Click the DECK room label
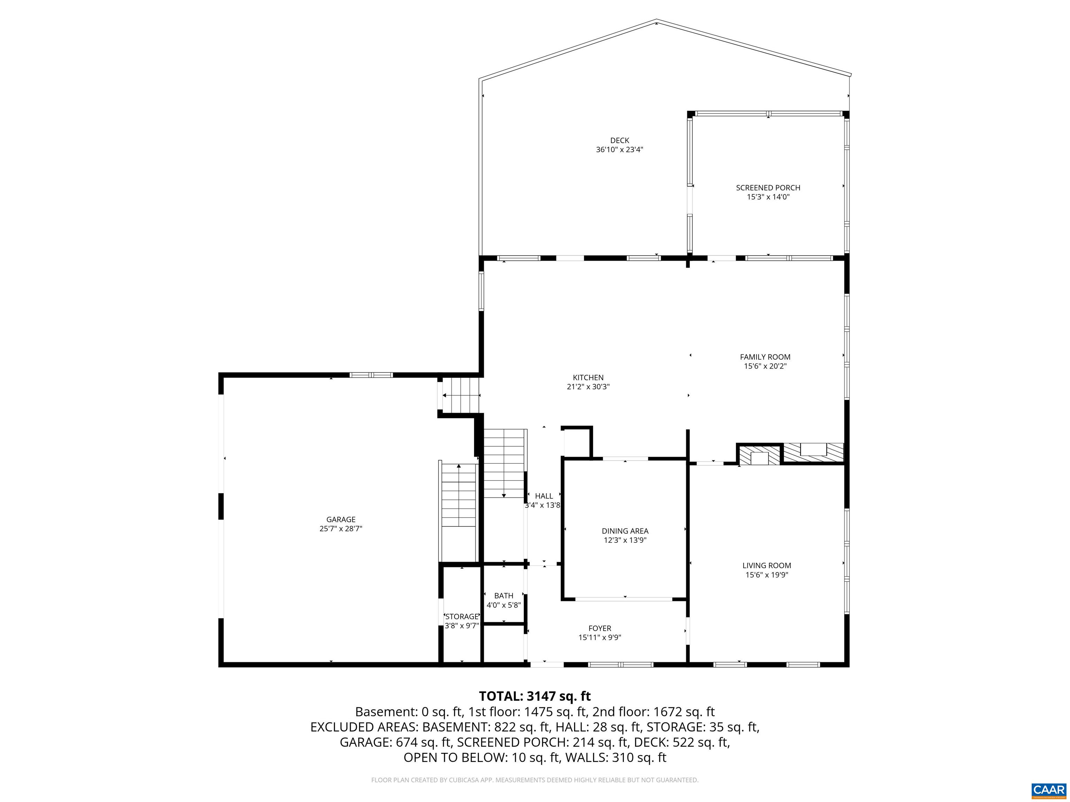click(619, 141)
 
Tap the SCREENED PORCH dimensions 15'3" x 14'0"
click(768, 197)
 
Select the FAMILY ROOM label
click(765, 357)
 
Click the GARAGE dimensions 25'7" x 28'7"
click(341, 529)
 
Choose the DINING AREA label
click(625, 531)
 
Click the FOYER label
click(599, 628)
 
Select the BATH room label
click(504, 596)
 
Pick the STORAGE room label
click(462, 616)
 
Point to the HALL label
click(544, 496)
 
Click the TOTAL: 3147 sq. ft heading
click(535, 696)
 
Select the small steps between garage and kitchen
click(461, 395)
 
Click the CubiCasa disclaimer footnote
click(535, 780)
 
